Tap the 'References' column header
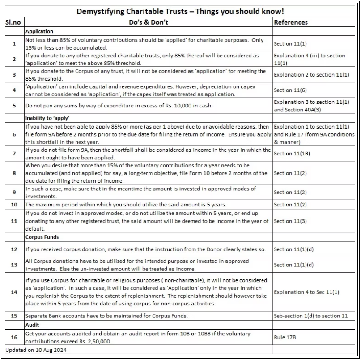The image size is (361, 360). click(291, 22)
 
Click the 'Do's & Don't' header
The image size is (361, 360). click(148, 22)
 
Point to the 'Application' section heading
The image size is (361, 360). click(39, 31)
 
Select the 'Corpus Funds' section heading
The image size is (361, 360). click(42, 237)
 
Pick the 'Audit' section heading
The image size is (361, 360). click(32, 325)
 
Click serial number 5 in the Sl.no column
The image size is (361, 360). click(14, 106)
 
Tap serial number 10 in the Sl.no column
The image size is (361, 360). click(14, 205)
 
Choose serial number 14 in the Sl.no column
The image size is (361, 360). click(14, 292)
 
